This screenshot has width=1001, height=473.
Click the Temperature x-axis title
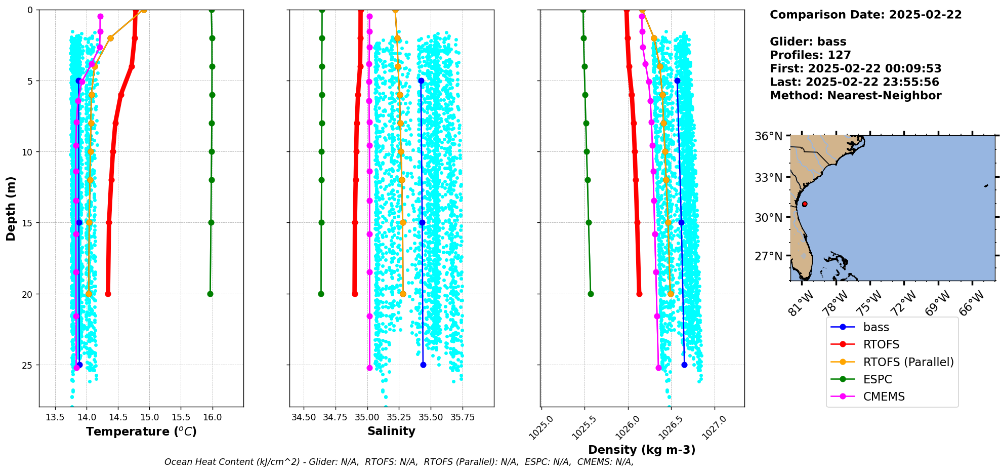141,431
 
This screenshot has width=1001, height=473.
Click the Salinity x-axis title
391,431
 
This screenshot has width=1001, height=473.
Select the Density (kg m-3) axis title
642,450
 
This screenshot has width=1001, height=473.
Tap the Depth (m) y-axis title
11,208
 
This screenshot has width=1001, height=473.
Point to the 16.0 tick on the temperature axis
213,417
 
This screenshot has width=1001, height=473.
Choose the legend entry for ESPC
878,379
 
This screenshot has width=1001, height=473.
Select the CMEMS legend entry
884,397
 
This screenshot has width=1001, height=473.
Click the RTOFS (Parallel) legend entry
908,362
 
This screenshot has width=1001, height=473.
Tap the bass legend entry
876,327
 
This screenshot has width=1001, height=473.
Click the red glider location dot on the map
805,204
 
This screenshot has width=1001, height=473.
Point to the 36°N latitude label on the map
769,136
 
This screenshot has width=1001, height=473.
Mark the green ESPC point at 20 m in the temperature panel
210,294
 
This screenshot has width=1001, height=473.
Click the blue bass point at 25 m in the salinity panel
423,365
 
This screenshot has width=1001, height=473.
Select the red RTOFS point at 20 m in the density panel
639,294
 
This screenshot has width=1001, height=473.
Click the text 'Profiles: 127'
810,55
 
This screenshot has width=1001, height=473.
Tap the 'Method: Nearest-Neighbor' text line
855,96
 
